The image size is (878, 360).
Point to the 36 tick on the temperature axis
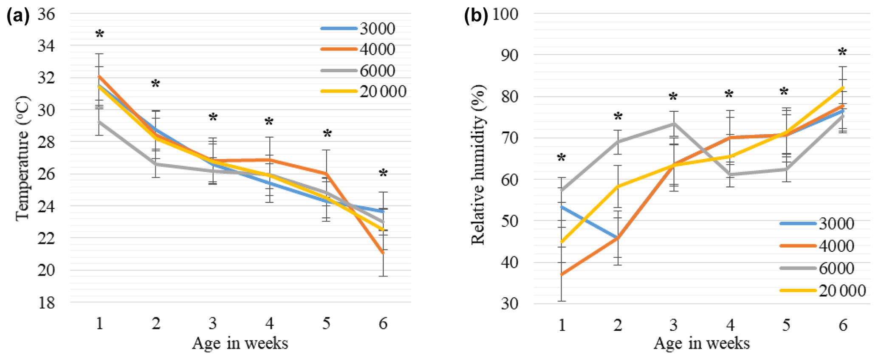46,14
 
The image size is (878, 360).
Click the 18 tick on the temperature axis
46,303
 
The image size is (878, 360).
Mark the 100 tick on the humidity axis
505,14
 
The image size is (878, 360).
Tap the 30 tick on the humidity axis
509,304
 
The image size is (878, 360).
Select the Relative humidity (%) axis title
478,165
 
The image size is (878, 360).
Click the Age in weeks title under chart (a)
240,343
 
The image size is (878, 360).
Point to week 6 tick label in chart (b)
843,325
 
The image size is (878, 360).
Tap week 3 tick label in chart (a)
213,324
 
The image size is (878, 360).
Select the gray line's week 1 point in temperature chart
99,122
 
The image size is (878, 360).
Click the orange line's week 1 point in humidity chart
562,275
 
